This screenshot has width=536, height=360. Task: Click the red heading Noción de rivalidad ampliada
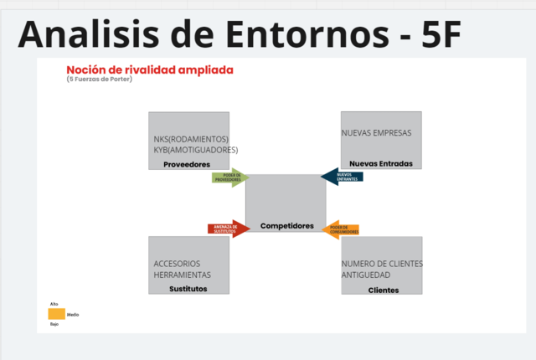point(150,69)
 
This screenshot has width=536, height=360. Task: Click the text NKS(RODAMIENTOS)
point(191,139)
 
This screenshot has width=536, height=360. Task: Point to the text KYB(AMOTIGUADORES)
point(195,150)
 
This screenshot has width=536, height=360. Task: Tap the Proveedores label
point(187,165)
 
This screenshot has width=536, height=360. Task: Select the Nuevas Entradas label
point(381,163)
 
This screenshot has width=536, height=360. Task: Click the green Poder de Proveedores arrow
point(229,177)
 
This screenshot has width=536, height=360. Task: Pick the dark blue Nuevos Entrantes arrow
point(343,176)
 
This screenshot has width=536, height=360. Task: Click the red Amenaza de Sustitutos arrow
point(228,229)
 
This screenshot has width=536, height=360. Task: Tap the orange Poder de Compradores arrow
point(342,229)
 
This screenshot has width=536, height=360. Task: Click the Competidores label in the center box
point(286,226)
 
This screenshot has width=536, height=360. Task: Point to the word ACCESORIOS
point(177,264)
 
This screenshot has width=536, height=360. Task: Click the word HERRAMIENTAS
point(183,275)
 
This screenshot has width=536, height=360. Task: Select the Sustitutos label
point(188,289)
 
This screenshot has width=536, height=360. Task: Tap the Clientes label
point(384,290)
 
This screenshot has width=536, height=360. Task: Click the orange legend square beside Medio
point(56,314)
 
